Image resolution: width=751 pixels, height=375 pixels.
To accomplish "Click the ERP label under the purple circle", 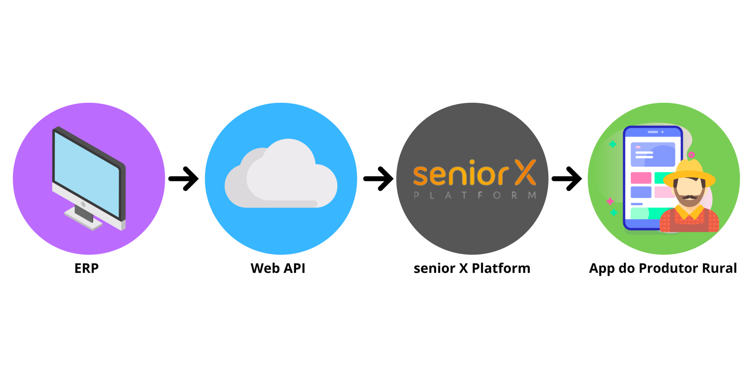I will (86, 268).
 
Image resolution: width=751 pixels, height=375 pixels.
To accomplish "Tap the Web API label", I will (278, 268).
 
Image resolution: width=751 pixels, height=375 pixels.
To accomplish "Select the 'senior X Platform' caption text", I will (472, 268).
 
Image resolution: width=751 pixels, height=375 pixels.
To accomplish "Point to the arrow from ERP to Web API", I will (184, 179).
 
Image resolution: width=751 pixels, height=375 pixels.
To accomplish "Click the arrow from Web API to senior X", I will (378, 179).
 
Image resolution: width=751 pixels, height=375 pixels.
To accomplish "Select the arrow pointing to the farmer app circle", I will (567, 179).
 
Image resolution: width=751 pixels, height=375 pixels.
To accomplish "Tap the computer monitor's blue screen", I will (86, 172).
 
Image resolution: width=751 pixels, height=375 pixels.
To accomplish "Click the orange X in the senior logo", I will (525, 172).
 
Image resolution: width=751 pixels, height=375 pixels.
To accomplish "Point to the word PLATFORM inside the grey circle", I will (475, 195).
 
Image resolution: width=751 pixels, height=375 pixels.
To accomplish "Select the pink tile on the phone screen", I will (641, 178).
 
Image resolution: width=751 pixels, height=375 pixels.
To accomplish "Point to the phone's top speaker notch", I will (653, 132).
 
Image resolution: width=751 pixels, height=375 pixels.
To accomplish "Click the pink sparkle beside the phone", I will (610, 201).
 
